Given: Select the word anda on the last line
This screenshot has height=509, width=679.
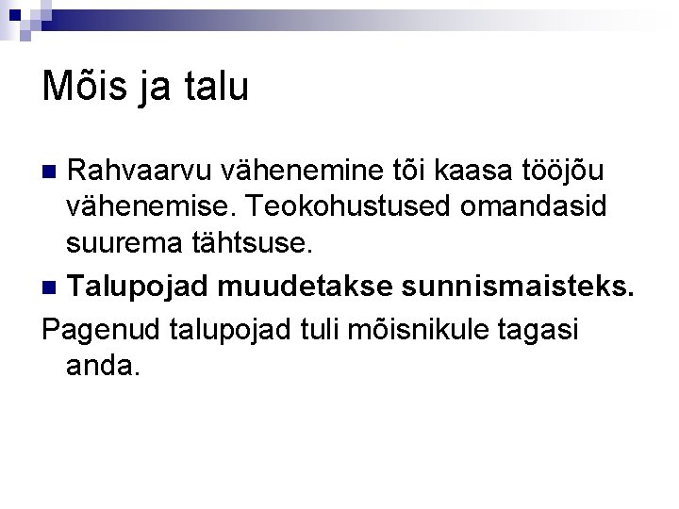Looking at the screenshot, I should pyautogui.click(x=103, y=365).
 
